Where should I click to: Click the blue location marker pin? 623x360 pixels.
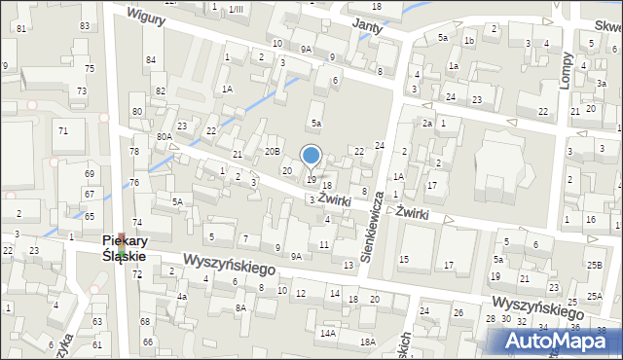point(311,156)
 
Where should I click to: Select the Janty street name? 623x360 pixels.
point(365,26)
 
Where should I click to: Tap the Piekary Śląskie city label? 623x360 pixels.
point(125,248)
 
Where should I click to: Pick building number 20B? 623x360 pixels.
point(273,151)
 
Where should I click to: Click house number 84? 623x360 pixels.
point(151,60)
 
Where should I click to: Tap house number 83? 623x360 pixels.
point(86,25)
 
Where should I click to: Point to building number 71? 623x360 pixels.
point(63,130)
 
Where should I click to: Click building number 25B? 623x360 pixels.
point(594,265)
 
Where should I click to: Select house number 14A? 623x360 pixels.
point(329,334)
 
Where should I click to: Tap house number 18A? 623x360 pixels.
point(367,342)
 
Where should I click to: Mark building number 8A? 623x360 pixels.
point(240,307)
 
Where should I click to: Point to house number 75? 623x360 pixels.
point(90,68)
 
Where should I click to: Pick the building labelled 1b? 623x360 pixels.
point(468,40)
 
